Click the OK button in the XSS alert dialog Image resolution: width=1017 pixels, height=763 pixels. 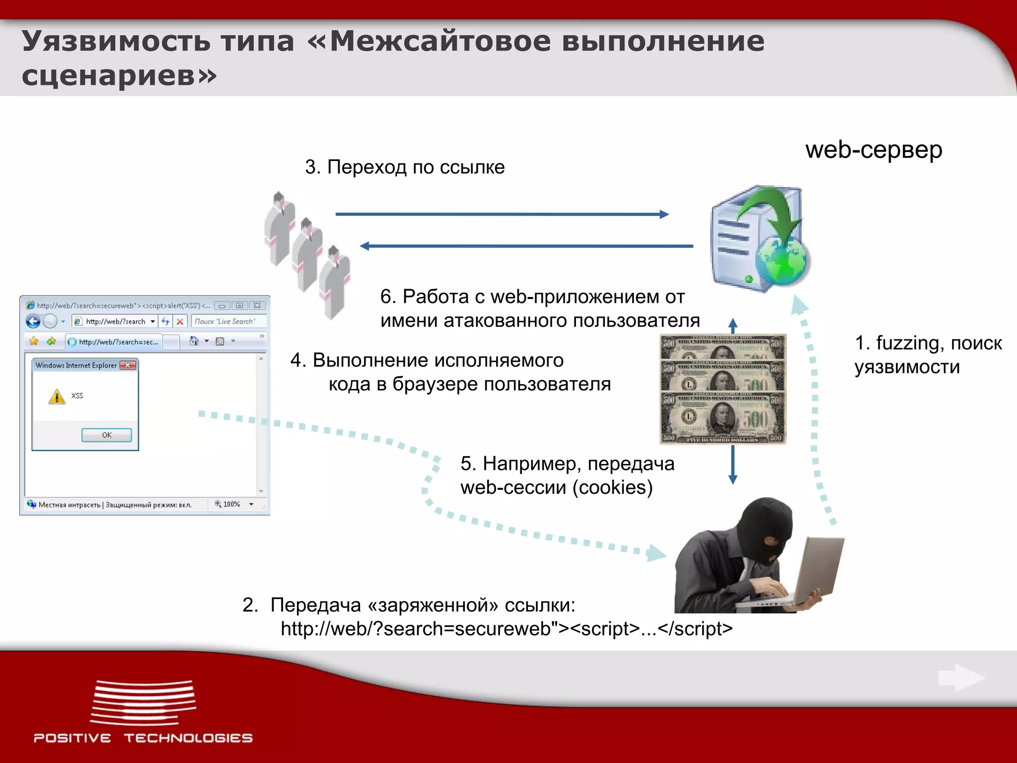click(106, 435)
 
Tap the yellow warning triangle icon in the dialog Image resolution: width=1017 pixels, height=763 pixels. click(57, 397)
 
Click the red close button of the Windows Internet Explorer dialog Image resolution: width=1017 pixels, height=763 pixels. click(128, 365)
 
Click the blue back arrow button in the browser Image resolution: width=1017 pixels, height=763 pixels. click(33, 321)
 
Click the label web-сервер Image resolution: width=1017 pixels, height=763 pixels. click(873, 150)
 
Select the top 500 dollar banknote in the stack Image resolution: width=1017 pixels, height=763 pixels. click(723, 347)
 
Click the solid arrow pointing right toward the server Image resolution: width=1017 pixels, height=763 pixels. click(502, 214)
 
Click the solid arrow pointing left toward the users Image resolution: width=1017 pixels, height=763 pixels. click(526, 246)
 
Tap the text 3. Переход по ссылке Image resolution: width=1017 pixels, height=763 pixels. click(405, 167)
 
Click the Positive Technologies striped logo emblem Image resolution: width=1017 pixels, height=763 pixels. click(143, 702)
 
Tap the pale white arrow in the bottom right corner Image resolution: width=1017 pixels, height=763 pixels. click(961, 678)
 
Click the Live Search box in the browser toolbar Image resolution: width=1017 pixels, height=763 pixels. click(228, 321)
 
